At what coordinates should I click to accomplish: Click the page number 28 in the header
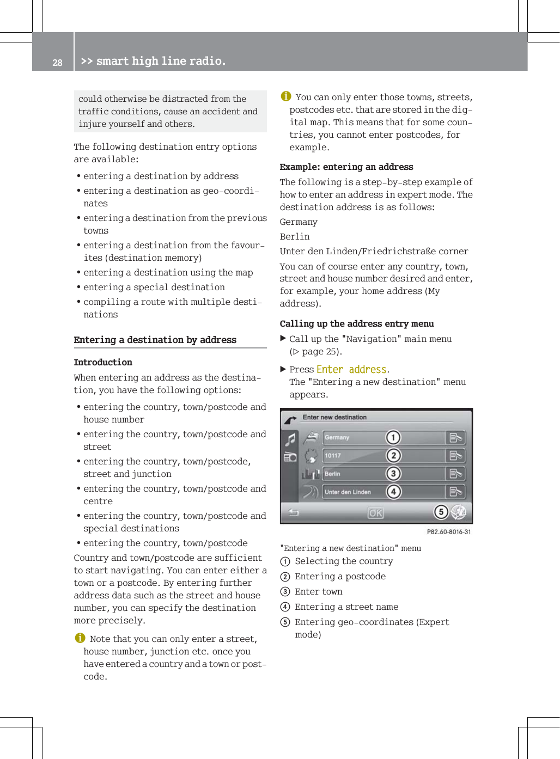tap(57, 63)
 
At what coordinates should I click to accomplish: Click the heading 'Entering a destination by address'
tap(155, 340)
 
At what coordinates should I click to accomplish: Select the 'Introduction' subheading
tap(103, 362)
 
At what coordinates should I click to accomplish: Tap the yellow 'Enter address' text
tap(351, 369)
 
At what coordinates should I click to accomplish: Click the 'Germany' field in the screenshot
tap(354, 437)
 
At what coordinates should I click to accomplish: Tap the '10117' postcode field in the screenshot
tap(354, 456)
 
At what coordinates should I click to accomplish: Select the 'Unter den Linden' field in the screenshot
tap(354, 492)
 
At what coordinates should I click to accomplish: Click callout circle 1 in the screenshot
tap(393, 437)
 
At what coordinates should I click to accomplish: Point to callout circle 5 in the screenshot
tap(441, 512)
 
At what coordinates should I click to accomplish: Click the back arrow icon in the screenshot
tap(294, 512)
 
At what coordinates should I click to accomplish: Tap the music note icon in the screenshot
tap(291, 439)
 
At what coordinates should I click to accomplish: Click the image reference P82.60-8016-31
tap(448, 532)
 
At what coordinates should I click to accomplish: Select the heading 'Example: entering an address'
tap(346, 167)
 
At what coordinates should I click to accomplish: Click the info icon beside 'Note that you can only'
tap(80, 638)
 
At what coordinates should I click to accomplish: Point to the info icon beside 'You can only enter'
tap(286, 96)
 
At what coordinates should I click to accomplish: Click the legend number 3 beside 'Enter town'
tap(285, 592)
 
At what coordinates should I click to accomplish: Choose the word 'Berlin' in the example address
tap(294, 236)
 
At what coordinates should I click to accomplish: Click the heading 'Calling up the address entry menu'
tap(356, 323)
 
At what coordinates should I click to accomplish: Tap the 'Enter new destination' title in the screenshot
tap(334, 417)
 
